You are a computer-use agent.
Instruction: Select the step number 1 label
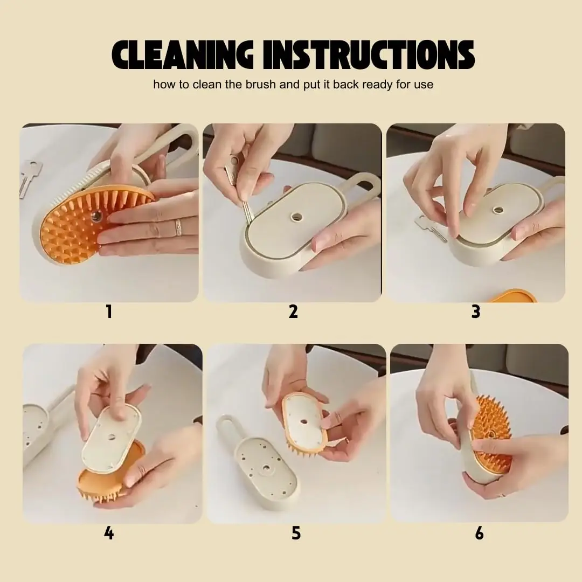(x=109, y=311)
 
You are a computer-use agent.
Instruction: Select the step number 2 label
(x=293, y=311)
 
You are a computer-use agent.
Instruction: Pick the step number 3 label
(x=476, y=311)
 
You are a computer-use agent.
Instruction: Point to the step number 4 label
(x=109, y=533)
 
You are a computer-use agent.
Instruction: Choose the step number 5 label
(x=296, y=533)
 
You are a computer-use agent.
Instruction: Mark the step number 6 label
(x=479, y=533)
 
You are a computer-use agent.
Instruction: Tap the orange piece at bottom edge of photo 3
(x=515, y=296)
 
